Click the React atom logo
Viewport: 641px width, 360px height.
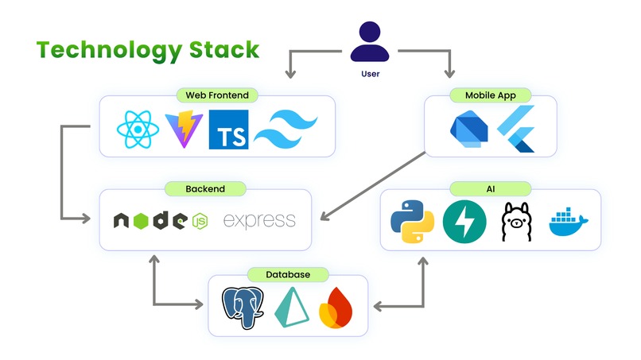[x=138, y=129]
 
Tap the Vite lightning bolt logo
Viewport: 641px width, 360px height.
[x=184, y=129]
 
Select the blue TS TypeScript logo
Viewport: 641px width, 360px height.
[x=228, y=130]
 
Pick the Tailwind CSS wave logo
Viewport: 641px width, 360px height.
[x=286, y=129]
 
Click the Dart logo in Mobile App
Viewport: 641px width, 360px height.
[x=469, y=129]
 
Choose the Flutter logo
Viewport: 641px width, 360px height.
[x=516, y=129]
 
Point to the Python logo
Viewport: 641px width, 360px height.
[x=412, y=221]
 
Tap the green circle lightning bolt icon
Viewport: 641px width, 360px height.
[x=464, y=222]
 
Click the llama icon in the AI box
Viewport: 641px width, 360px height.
[x=517, y=222]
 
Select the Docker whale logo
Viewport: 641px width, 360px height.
[x=569, y=222]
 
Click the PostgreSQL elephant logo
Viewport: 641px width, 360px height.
[x=243, y=308]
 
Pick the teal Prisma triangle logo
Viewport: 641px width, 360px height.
[x=292, y=308]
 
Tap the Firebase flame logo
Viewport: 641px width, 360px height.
[x=336, y=308]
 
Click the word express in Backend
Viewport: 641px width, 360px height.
[x=259, y=221]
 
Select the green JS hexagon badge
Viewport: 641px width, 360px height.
[x=200, y=221]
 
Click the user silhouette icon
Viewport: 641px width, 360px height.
[x=370, y=41]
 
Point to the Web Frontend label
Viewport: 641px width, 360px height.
[x=217, y=95]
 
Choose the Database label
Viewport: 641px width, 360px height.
[x=288, y=275]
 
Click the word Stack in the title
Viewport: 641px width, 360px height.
[x=224, y=50]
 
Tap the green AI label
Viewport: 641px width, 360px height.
[x=491, y=189]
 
